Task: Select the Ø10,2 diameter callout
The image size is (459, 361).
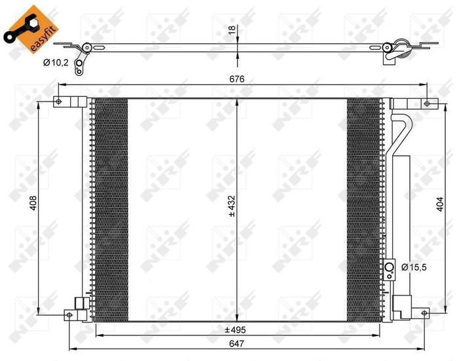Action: (58, 64)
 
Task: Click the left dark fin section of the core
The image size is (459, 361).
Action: (108, 203)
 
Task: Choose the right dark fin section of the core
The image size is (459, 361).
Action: (363, 203)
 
